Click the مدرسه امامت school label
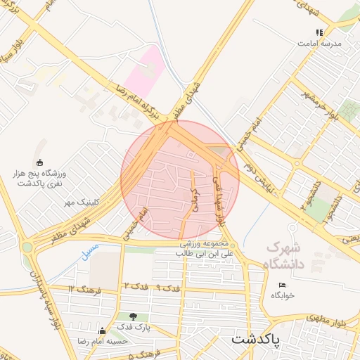tap(320, 43)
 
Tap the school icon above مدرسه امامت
tap(320, 32)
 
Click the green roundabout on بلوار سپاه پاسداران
tap(27, 247)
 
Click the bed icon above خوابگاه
tap(283, 285)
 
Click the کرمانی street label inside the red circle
tap(195, 200)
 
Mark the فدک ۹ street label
tap(169, 288)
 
